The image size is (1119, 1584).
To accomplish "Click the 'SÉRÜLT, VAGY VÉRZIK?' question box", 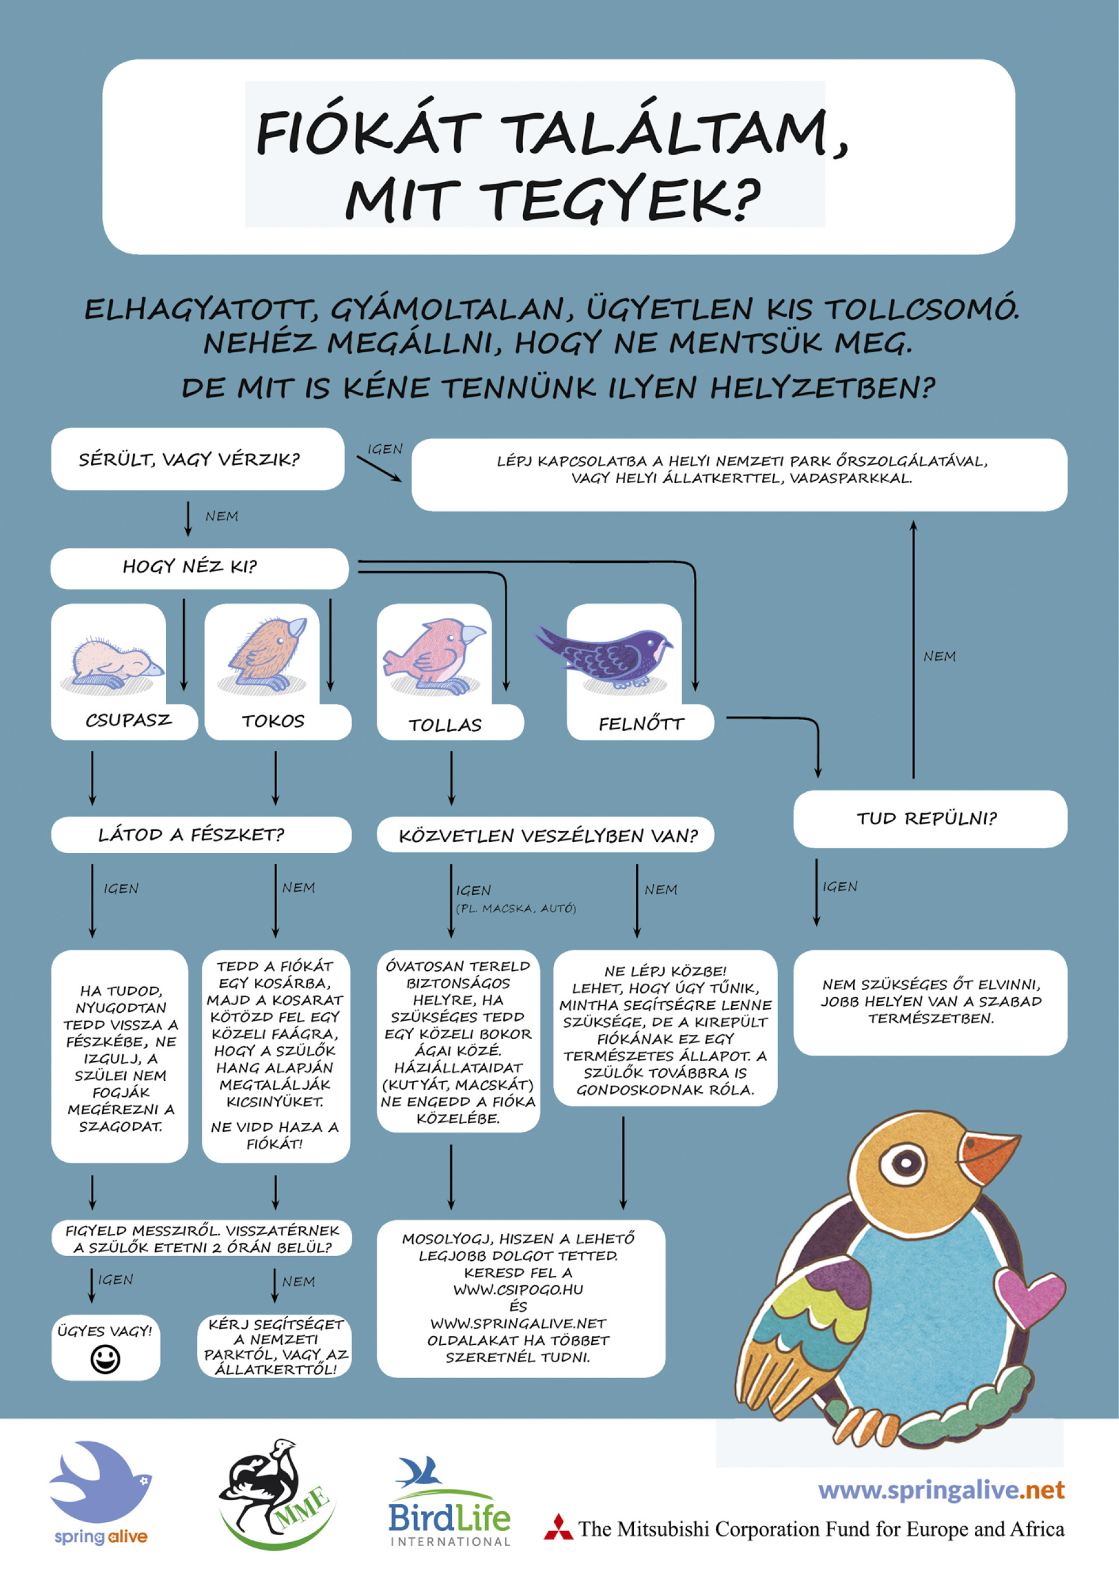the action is coord(198,459).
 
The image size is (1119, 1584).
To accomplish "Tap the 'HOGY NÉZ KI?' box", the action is coord(199,568).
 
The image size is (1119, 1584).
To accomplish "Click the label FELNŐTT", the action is coord(641,723).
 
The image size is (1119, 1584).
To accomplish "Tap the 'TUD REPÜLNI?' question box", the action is coord(930,819).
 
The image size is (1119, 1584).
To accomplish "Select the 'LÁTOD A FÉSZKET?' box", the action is coord(201,835).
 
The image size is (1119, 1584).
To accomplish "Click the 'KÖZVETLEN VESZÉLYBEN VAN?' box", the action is coord(545,835).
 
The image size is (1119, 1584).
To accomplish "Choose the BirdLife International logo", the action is coord(450,1501).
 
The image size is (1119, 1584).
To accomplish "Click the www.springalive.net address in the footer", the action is coord(941,1490).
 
